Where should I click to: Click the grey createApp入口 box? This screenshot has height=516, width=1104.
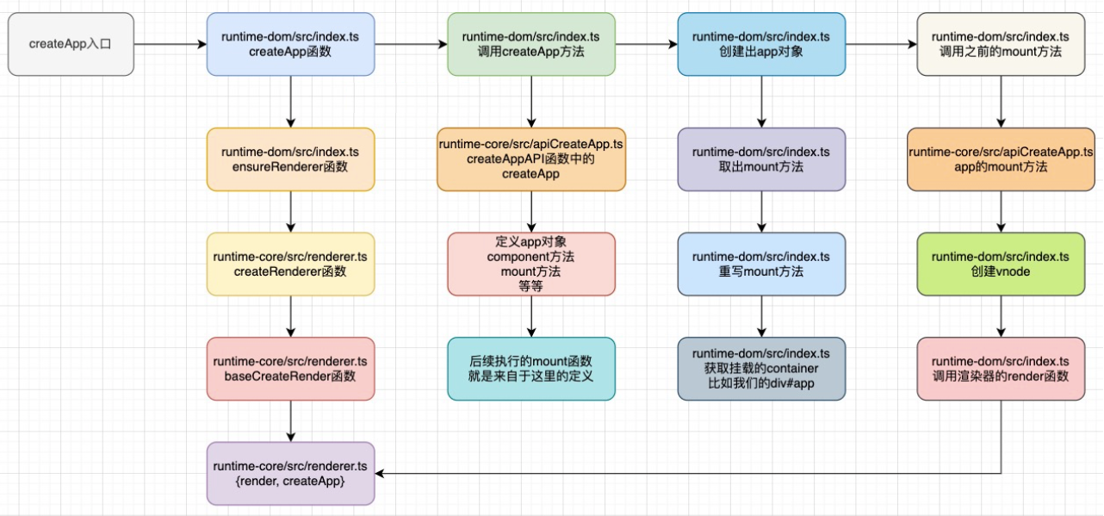pos(71,44)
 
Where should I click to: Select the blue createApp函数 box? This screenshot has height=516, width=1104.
pos(290,44)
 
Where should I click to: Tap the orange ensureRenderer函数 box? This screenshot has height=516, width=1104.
pos(290,159)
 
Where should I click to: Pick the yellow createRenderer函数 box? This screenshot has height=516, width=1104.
pos(290,264)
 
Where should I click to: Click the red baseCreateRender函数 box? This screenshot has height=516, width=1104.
pos(290,369)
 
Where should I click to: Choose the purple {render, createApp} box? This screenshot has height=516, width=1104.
pos(290,473)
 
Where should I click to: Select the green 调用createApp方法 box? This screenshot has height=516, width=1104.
pos(530,44)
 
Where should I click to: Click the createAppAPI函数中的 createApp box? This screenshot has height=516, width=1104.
pos(530,159)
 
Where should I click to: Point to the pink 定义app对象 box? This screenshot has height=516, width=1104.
pos(530,264)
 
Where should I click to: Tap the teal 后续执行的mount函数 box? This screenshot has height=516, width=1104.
pos(530,369)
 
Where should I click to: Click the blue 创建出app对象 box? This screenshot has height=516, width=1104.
pos(761,44)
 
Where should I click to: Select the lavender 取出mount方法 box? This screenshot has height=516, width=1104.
pos(761,159)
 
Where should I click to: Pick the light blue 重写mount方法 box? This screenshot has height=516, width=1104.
pos(761,264)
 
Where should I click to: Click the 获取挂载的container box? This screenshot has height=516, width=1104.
pos(761,369)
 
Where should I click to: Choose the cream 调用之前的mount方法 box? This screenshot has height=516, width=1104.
pos(1001,44)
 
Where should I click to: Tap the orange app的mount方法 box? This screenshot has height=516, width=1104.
pos(1001,159)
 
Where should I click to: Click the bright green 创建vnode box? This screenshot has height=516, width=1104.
pos(1001,264)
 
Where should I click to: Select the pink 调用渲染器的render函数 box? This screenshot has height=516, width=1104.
pos(1001,369)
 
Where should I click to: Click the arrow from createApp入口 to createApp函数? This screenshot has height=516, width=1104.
pos(170,44)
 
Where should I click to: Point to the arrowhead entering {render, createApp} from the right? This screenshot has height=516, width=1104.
pos(381,473)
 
